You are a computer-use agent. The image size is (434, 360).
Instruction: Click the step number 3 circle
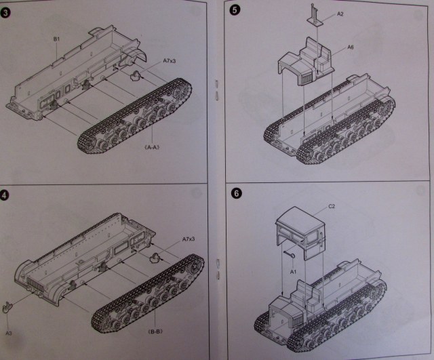coord(7,14)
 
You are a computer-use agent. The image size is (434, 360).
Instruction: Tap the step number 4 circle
coord(7,197)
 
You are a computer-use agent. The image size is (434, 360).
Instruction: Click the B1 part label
coord(58,40)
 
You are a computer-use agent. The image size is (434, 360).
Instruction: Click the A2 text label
coord(340,14)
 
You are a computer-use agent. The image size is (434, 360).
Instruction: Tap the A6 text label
coord(351,47)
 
